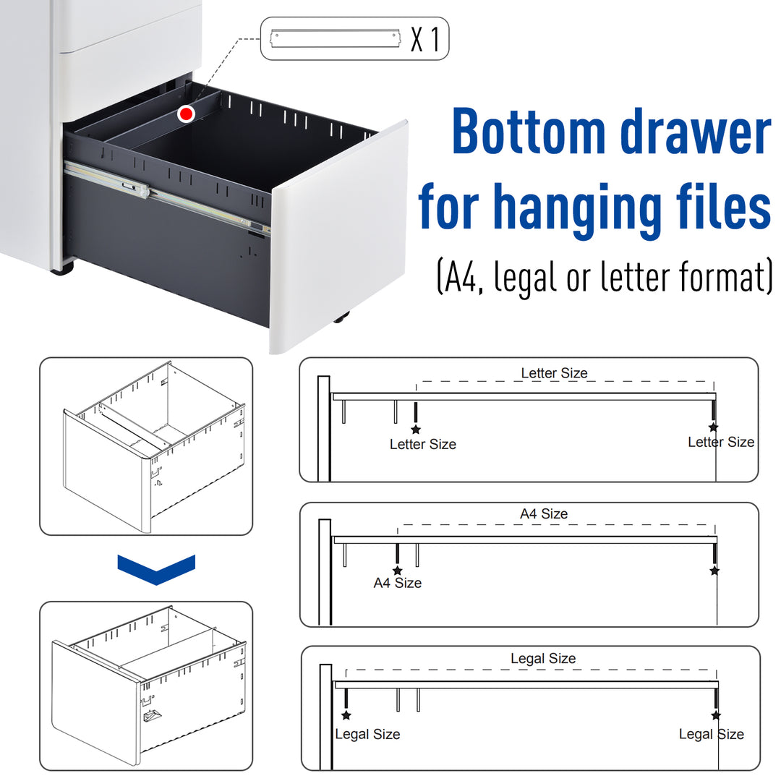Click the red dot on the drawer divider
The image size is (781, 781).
187,114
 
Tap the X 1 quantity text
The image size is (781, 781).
425,39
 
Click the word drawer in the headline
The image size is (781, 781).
700,133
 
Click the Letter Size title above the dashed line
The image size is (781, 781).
554,373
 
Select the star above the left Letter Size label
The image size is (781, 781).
416,430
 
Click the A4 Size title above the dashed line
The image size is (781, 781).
544,513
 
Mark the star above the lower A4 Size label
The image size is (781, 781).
397,571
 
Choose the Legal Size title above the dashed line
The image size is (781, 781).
543,659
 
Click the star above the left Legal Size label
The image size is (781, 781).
346,715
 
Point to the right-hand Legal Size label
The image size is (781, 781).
711,734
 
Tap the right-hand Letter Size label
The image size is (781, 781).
720,442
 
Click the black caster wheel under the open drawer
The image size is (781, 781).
341,317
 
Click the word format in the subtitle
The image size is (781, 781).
718,278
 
